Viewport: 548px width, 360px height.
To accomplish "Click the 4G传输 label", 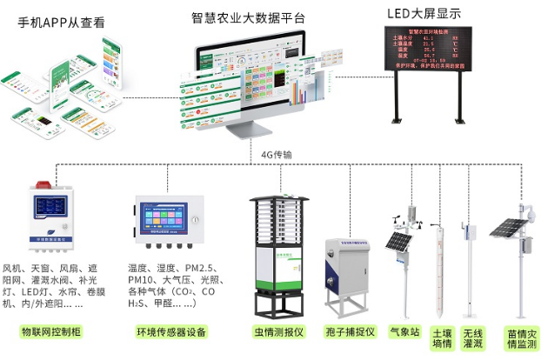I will (277, 154).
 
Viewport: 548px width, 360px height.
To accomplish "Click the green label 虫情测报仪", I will (277, 332).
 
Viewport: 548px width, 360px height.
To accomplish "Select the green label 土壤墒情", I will (442, 337).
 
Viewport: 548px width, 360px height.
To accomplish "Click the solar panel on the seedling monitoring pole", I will (505, 228).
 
